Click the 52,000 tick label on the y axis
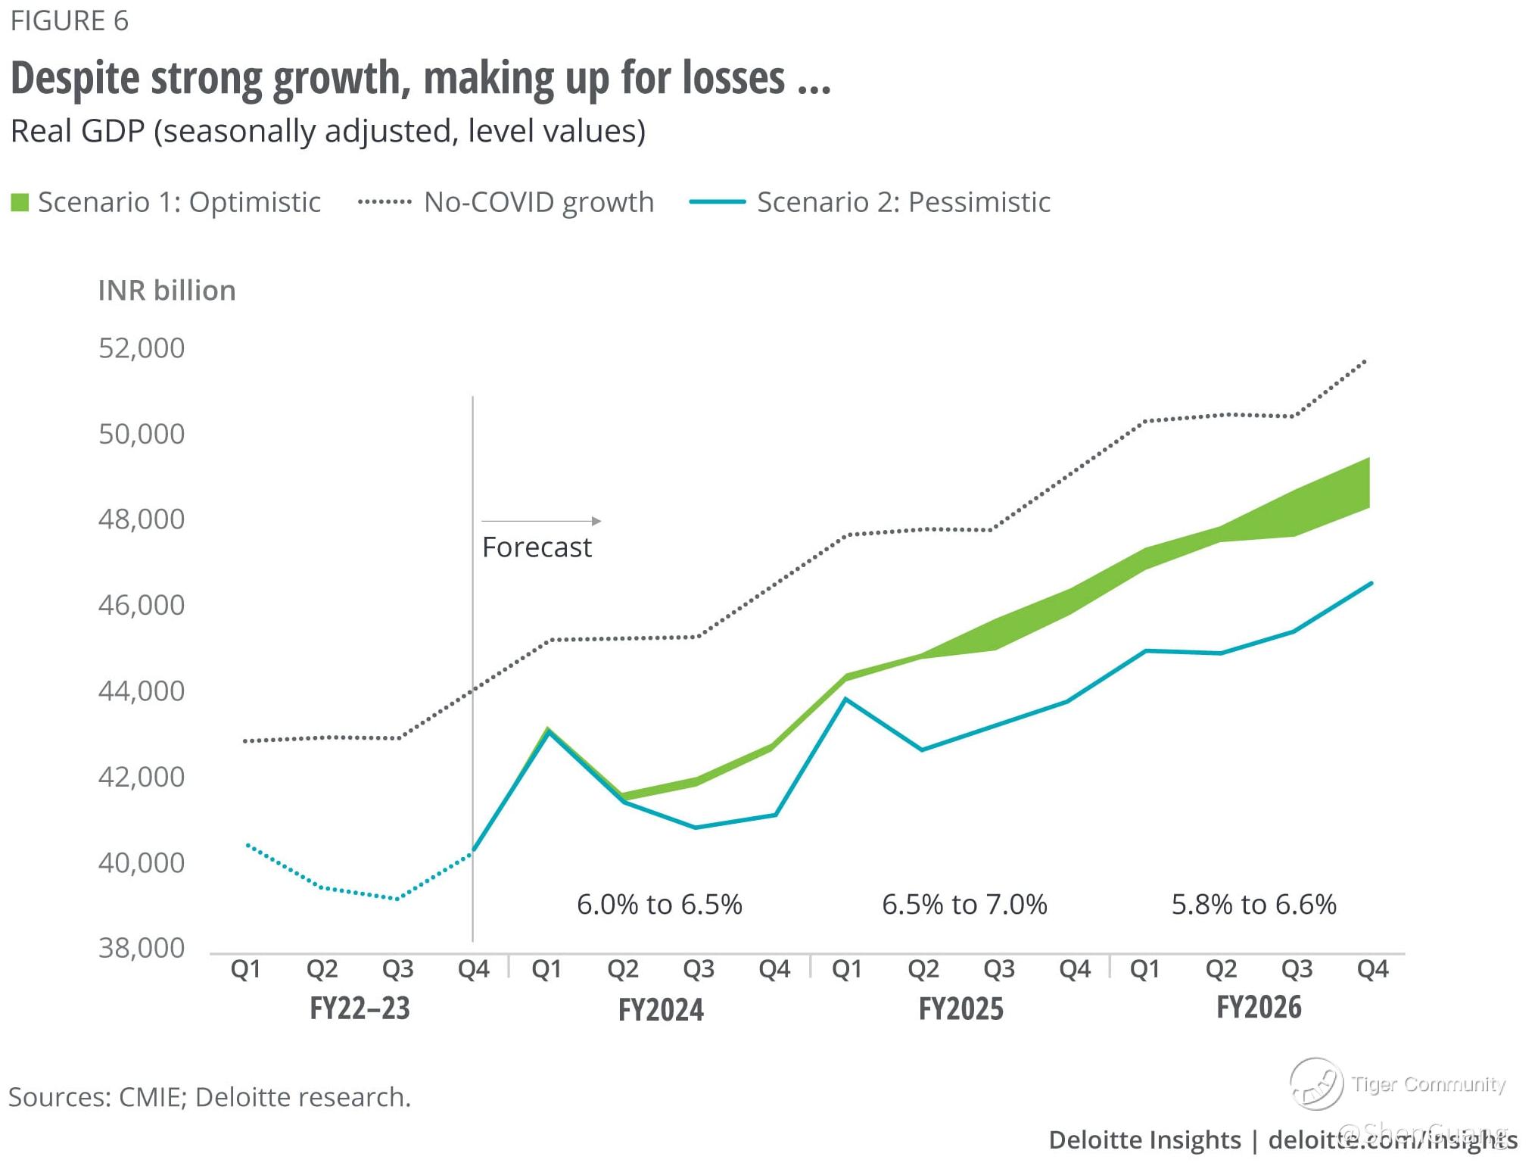point(142,348)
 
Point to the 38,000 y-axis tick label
point(142,948)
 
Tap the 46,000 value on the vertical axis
point(142,605)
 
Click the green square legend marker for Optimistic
point(20,203)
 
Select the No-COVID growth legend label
point(538,202)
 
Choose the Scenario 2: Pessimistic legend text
point(903,202)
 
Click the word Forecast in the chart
point(537,547)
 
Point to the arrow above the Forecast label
point(541,521)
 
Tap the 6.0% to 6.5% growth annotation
point(659,905)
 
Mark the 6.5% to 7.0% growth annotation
point(964,905)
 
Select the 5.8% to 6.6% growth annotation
point(1253,905)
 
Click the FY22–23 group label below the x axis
point(360,1008)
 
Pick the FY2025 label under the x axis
point(960,1009)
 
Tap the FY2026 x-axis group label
point(1259,1008)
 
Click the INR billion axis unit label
point(167,291)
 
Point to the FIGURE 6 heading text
point(70,21)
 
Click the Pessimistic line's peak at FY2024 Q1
point(548,731)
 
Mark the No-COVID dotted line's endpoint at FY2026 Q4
point(1365,361)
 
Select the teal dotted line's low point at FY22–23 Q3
point(397,899)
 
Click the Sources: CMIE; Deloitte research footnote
point(210,1097)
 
